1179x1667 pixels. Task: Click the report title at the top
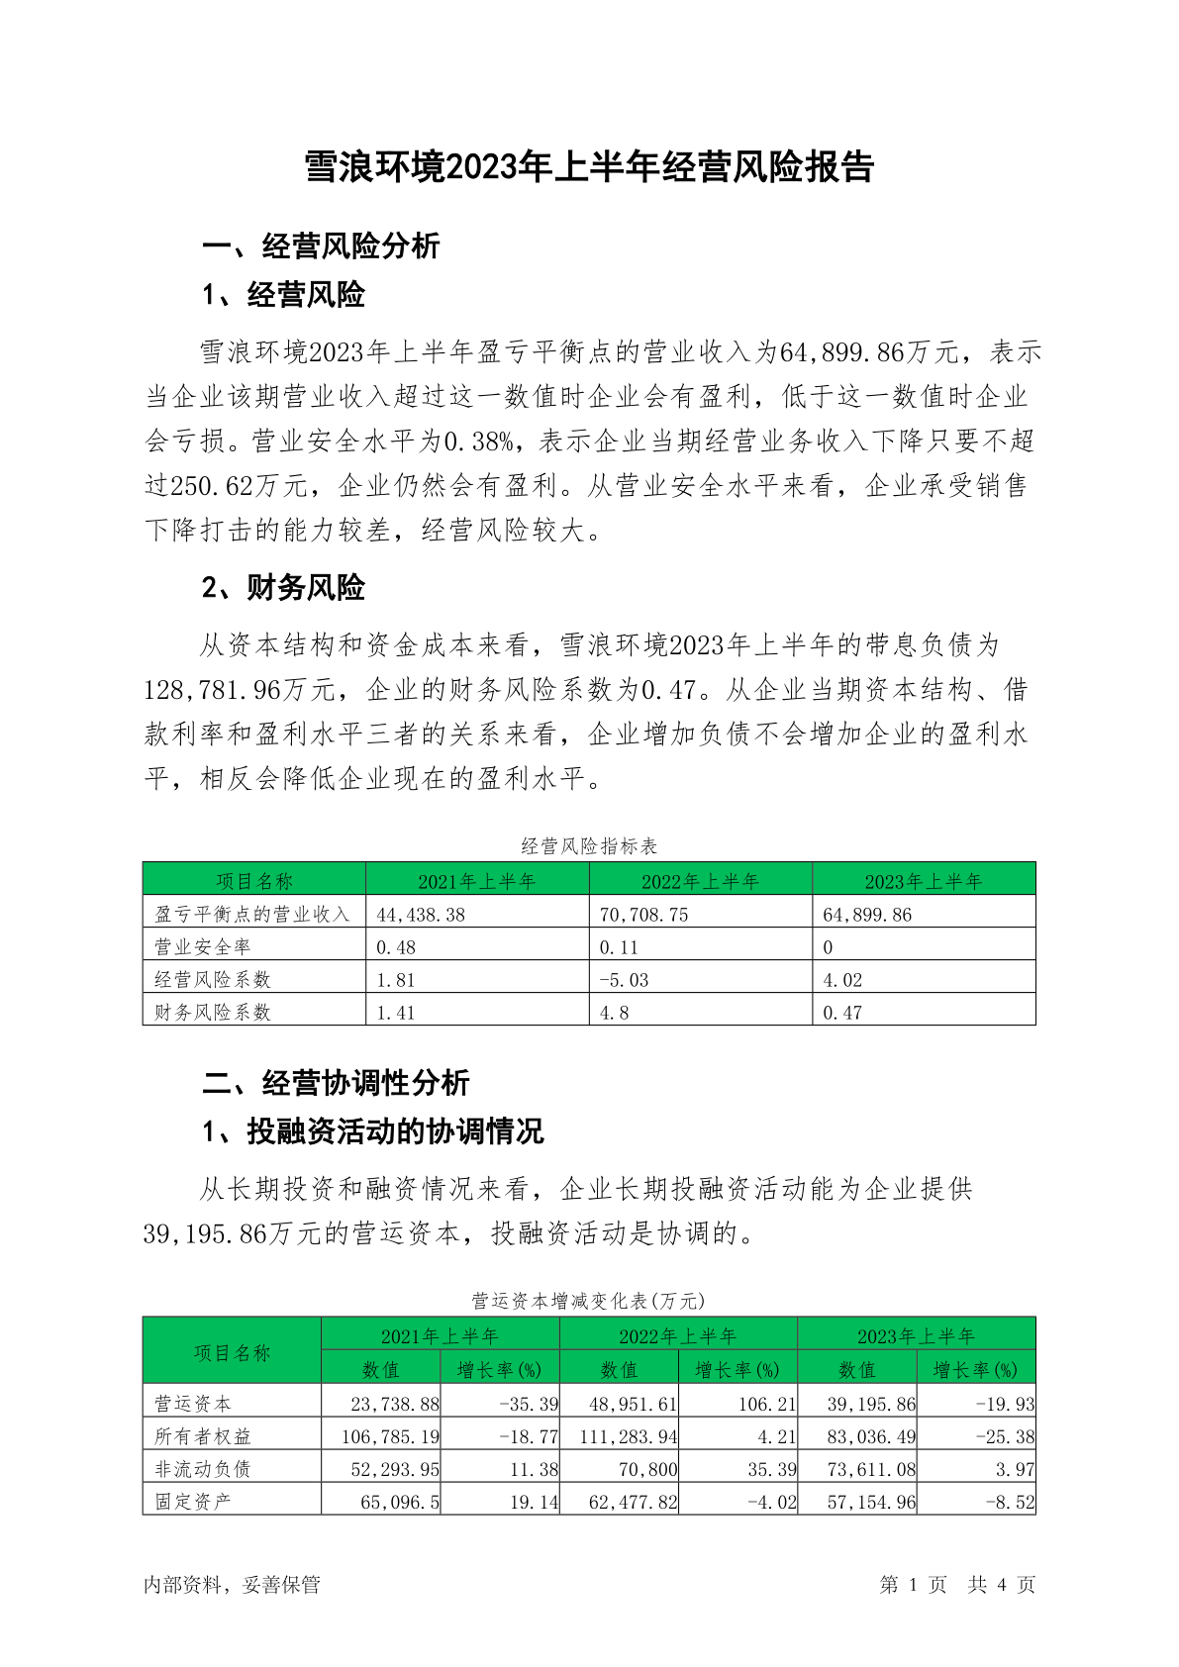click(x=589, y=167)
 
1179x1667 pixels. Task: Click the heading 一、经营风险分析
click(x=321, y=245)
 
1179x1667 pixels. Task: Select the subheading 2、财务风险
click(x=283, y=587)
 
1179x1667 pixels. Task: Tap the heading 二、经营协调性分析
click(x=336, y=1082)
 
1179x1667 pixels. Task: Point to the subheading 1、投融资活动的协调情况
click(x=372, y=1130)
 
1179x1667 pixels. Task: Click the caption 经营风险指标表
click(x=589, y=845)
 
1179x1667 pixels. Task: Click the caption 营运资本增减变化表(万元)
click(x=588, y=1300)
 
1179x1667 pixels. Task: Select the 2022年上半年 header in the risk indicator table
click(x=700, y=881)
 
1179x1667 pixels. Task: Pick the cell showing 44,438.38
click(x=421, y=915)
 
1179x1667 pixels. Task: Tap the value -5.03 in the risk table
click(x=625, y=980)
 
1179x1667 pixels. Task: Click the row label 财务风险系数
click(x=213, y=1012)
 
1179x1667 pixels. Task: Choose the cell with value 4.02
click(x=842, y=980)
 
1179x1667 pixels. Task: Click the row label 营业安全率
click(x=203, y=947)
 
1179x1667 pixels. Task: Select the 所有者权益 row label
click(x=203, y=1435)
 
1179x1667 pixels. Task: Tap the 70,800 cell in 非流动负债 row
click(x=647, y=1469)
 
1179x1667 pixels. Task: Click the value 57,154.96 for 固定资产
click(x=871, y=1502)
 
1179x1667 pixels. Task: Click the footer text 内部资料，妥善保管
click(x=232, y=1585)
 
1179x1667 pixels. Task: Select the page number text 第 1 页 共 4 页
click(x=956, y=1585)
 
